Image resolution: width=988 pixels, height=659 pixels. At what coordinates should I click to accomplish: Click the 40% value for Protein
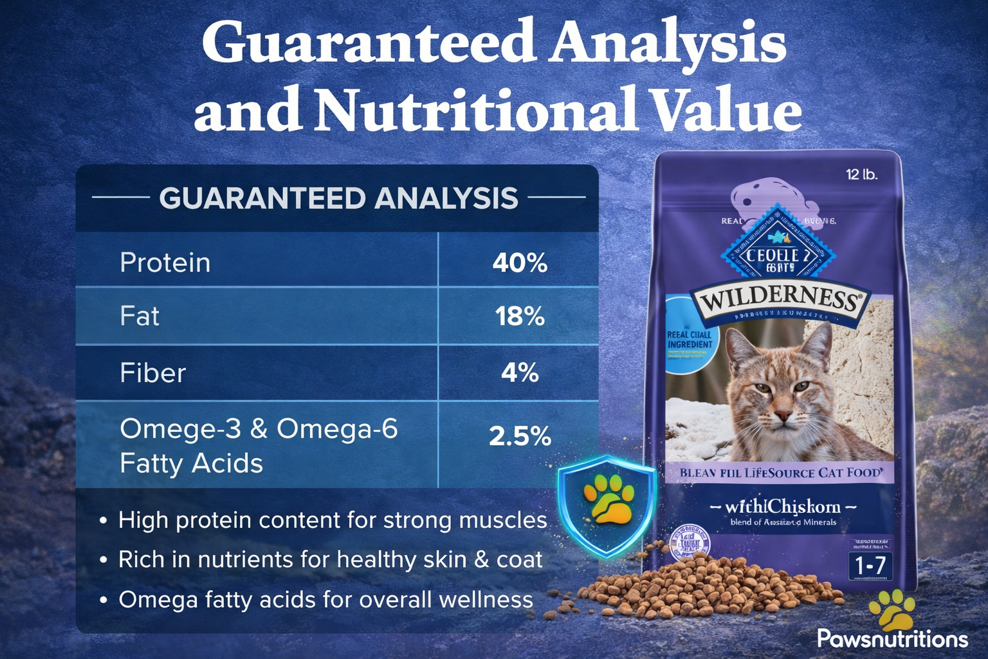(x=520, y=263)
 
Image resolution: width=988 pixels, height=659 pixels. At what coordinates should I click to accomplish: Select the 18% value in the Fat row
(x=520, y=317)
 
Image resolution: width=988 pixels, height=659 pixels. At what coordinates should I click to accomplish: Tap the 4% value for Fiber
(x=520, y=373)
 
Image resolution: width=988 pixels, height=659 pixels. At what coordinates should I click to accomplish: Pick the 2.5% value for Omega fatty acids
(x=520, y=436)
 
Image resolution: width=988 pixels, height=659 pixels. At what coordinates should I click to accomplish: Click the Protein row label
(x=165, y=263)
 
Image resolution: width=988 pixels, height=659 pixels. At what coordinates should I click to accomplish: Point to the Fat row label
(x=140, y=317)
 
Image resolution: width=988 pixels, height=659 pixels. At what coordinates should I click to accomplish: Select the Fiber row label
(x=152, y=373)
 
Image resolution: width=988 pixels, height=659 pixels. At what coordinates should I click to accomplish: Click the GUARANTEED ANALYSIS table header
(x=338, y=198)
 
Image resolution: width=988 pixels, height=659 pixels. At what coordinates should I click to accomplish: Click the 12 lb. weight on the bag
(x=861, y=174)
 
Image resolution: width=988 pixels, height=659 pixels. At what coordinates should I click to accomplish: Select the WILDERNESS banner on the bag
(x=780, y=299)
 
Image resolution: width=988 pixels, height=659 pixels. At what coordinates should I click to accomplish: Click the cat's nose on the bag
(x=783, y=415)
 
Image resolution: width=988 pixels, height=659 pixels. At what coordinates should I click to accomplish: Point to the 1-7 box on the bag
(x=870, y=566)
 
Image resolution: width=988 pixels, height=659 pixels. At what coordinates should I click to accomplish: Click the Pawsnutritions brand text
(x=892, y=638)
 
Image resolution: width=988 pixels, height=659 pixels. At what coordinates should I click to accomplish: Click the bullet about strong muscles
(x=332, y=520)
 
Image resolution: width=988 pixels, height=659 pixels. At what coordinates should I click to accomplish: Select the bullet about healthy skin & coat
(x=330, y=560)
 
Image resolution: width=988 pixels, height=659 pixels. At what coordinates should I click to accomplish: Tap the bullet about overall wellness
(x=325, y=600)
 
